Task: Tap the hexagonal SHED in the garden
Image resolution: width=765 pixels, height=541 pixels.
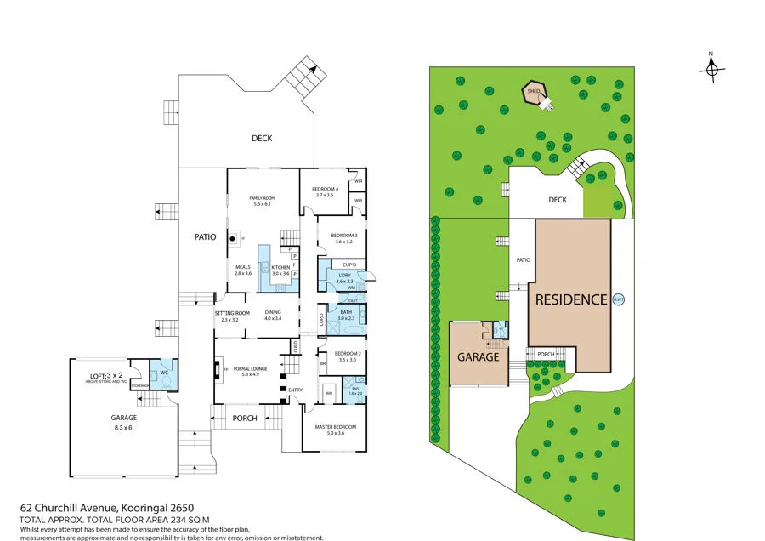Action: (x=534, y=93)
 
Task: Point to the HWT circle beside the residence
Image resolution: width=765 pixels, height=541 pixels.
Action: (x=618, y=299)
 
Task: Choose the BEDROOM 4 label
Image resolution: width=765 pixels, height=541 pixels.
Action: (x=325, y=188)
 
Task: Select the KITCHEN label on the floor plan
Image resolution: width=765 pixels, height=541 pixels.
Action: (x=280, y=268)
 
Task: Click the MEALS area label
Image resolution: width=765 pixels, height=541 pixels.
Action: (x=244, y=268)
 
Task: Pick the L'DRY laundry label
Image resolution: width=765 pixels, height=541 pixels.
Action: (x=344, y=275)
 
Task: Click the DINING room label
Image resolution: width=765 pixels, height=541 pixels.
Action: (x=272, y=312)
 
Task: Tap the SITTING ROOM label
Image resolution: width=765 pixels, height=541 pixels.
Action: (x=230, y=313)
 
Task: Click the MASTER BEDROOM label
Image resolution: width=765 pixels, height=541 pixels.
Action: (x=334, y=426)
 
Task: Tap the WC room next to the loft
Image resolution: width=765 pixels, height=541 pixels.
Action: (x=164, y=372)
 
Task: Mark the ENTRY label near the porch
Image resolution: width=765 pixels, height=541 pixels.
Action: (x=295, y=390)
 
